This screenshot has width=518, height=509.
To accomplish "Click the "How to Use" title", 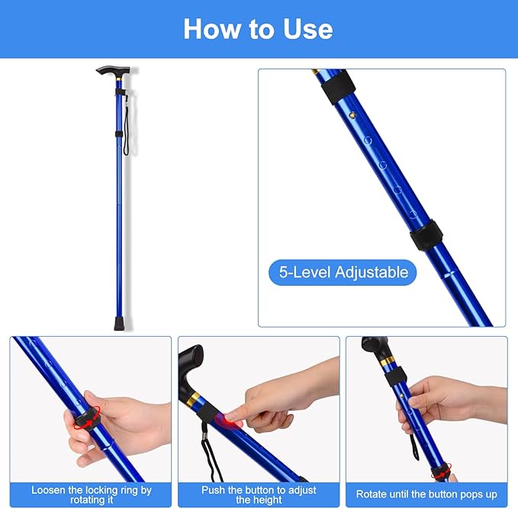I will coord(258,29).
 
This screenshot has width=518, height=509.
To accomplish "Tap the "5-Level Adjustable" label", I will coord(343,272).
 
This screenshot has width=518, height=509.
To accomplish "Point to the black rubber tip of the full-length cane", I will coord(119,323).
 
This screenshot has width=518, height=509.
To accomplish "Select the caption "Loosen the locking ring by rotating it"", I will coord(91,495).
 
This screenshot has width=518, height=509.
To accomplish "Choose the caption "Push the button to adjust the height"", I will coord(259,495).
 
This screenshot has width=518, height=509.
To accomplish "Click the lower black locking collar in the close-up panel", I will coord(426,235).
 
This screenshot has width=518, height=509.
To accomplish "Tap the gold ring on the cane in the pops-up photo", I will coord(388,360).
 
